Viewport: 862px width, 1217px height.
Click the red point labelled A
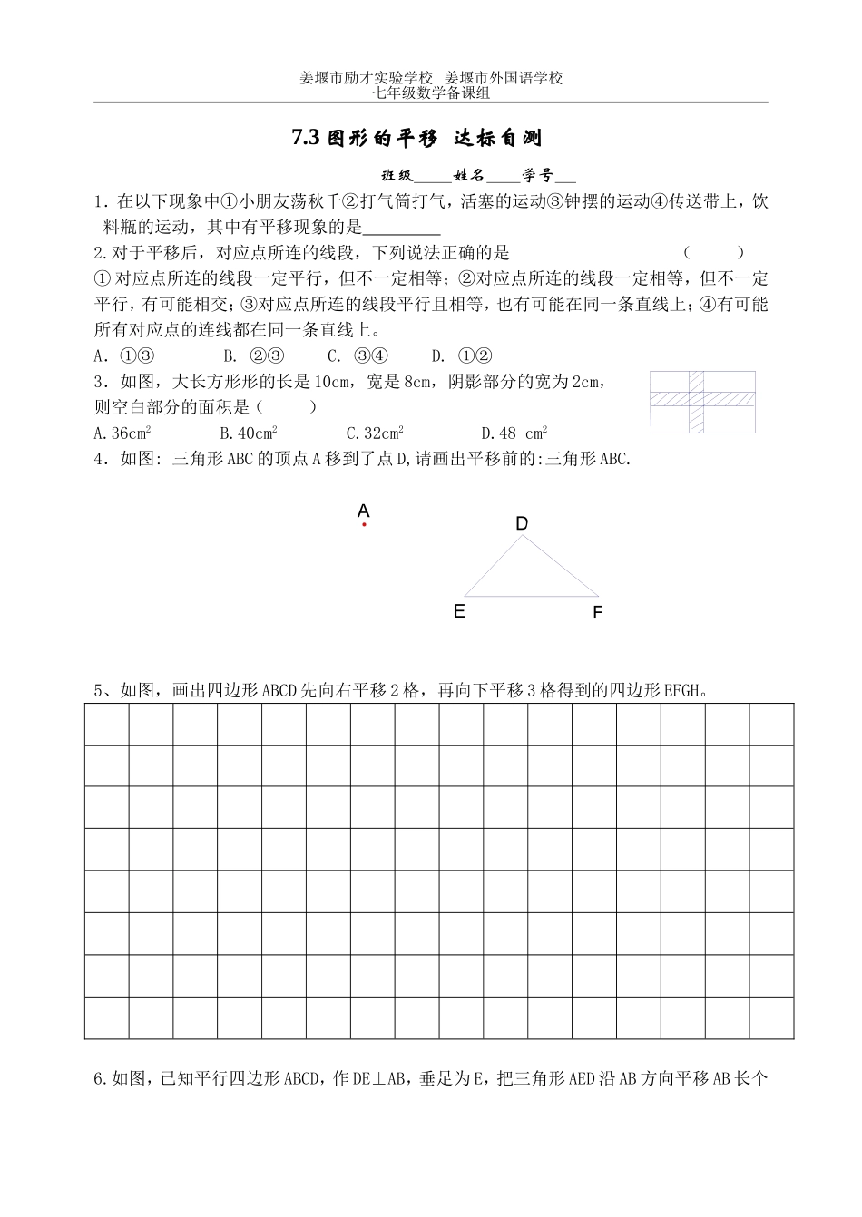tap(364, 524)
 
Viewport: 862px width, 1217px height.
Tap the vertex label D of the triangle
tap(522, 523)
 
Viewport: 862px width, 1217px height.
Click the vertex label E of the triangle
tap(459, 611)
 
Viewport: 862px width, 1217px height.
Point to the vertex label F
tap(597, 613)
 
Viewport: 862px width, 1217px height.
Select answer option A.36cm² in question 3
tap(122, 433)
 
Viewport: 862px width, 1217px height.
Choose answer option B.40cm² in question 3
tap(248, 433)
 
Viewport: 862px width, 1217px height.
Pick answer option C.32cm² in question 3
tap(375, 433)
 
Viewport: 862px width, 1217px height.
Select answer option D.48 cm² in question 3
tap(514, 433)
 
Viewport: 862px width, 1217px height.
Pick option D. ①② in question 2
tap(462, 355)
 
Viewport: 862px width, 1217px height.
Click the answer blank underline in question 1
tap(401, 228)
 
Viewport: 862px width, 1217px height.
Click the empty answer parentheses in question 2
tap(713, 253)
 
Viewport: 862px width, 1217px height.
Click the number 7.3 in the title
tap(306, 138)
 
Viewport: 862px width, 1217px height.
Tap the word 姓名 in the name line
tap(471, 176)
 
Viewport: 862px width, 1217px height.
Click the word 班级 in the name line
tap(397, 176)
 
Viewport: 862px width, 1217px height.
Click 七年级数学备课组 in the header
tap(431, 92)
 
